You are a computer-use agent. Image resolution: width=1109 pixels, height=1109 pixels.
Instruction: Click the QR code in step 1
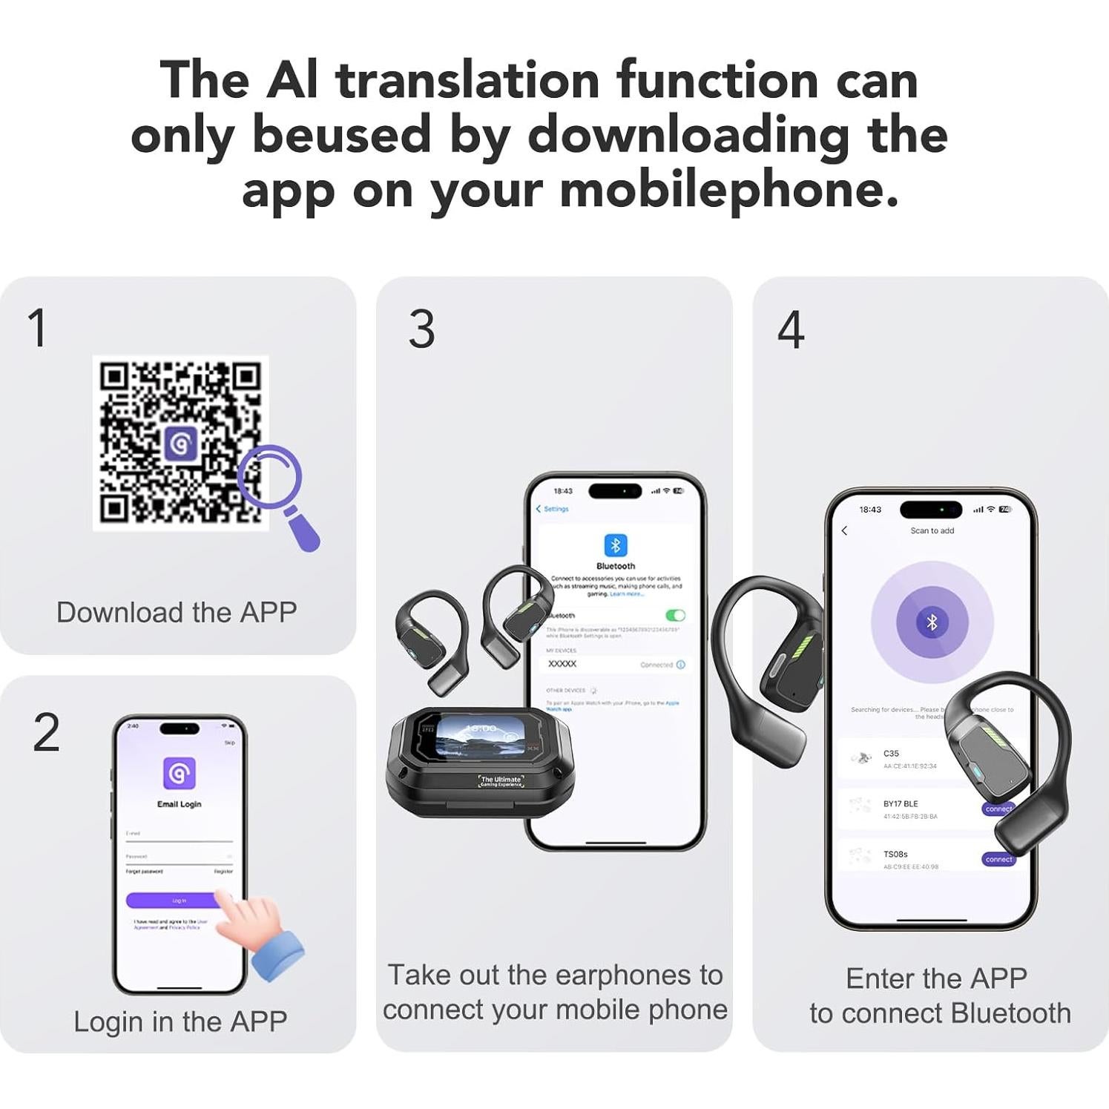pos(180,443)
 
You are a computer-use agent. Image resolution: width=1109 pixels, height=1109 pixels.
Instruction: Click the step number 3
pos(421,329)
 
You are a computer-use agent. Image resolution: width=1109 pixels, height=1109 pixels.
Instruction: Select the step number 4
pos(791,330)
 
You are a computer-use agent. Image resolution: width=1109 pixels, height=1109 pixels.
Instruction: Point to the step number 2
pos(46,733)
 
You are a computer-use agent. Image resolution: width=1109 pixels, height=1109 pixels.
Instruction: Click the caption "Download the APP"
pos(177,613)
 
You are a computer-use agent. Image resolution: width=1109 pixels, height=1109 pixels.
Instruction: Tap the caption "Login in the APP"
pos(180,1021)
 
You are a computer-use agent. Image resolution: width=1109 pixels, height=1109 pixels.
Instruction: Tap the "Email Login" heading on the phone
pos(179,804)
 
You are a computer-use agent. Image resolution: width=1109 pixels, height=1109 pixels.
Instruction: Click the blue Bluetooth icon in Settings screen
pos(615,545)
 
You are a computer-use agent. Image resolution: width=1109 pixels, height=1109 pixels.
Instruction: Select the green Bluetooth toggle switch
pos(675,615)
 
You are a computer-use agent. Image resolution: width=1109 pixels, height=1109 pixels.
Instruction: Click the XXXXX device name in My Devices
pos(562,664)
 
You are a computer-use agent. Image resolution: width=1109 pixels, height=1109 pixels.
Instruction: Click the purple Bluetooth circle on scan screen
pos(932,622)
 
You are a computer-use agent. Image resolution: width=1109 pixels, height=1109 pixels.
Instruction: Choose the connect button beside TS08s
pos(998,859)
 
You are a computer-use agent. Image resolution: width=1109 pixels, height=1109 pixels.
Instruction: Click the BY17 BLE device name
pos(901,803)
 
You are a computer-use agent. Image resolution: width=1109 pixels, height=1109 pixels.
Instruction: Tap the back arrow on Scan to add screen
pos(844,530)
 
